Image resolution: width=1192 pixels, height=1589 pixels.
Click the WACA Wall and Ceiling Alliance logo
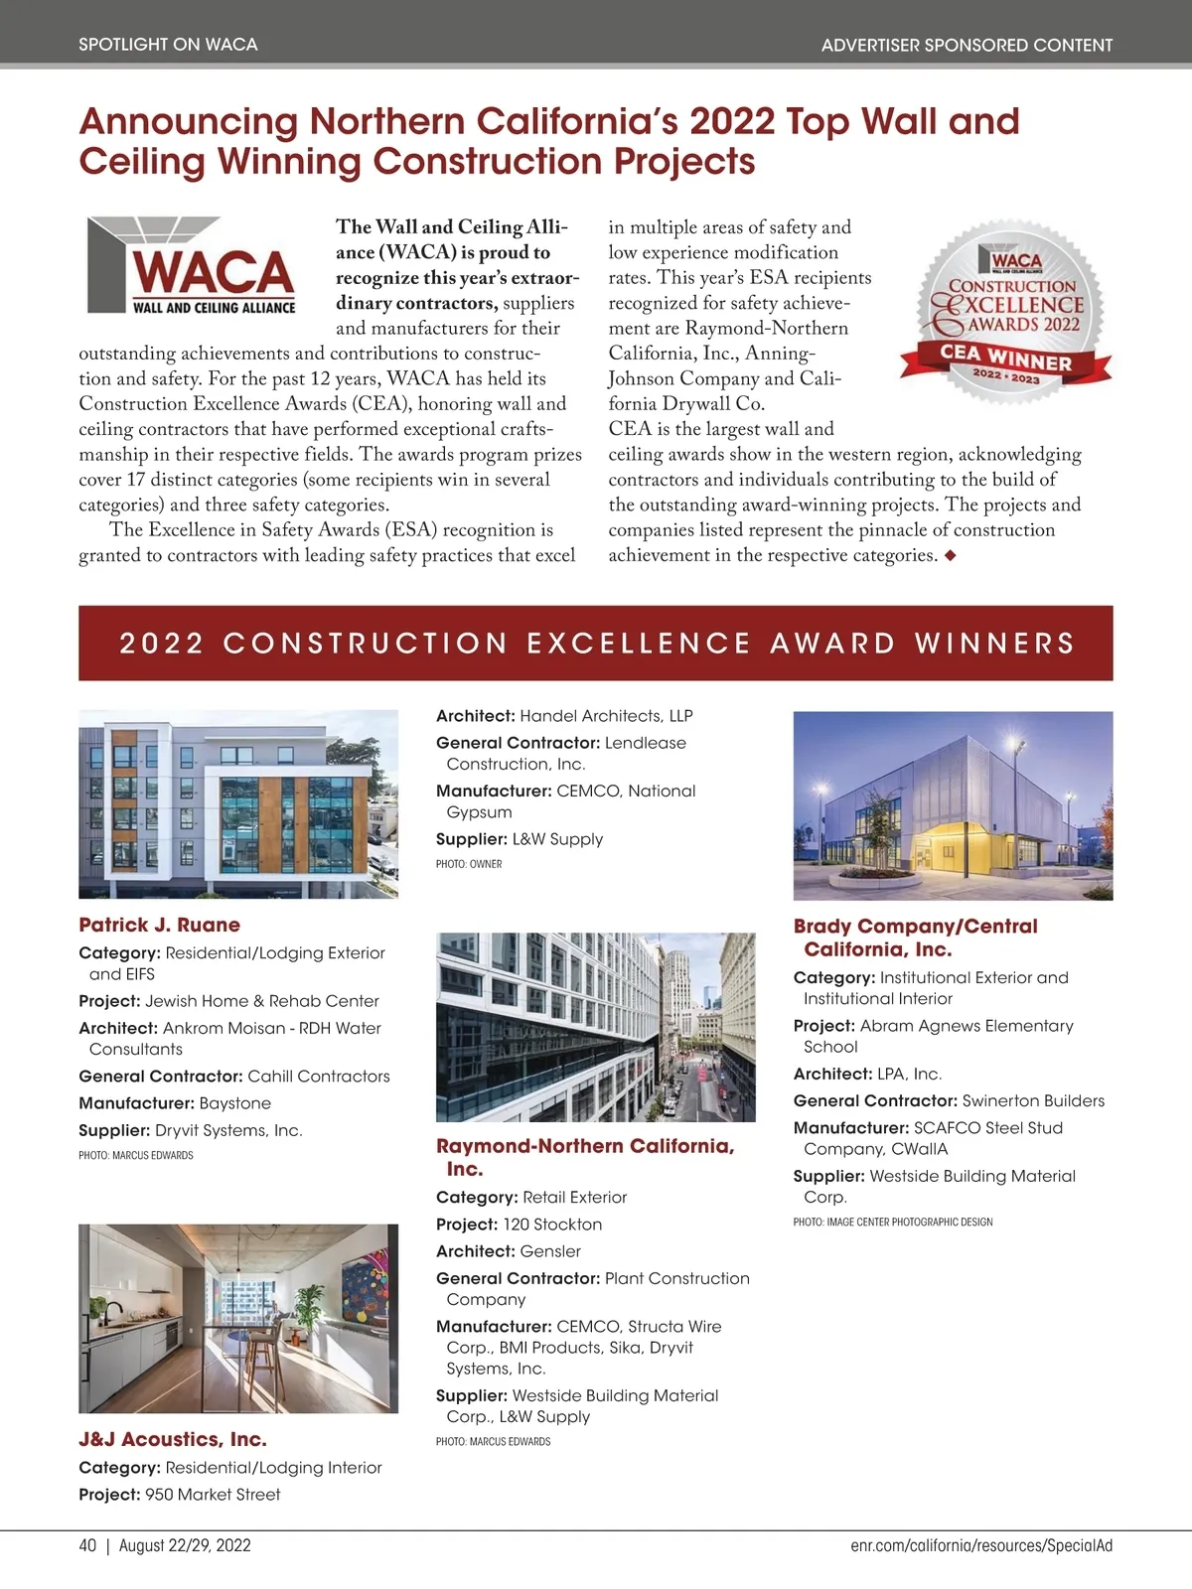192,266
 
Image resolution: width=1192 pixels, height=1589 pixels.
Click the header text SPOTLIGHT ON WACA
168,45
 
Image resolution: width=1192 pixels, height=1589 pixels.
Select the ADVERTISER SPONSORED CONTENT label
967,45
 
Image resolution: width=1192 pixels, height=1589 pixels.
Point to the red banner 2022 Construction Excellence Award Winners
596,643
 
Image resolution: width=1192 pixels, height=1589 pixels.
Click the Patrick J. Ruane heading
159,925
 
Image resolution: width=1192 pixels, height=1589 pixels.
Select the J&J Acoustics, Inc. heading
173,1439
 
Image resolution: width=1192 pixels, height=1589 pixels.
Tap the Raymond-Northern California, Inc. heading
585,1157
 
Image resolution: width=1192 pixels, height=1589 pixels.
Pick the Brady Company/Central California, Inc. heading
915,938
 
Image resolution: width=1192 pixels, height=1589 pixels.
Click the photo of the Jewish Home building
238,803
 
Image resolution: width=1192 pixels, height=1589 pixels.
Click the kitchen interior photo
238,1318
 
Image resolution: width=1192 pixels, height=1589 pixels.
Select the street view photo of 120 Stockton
596,1027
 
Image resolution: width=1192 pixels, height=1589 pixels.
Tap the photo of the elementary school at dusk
953,805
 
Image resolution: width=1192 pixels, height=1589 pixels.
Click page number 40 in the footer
87,1545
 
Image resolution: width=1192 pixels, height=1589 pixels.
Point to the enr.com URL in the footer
981,1545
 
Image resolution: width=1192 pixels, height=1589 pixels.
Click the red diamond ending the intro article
951,556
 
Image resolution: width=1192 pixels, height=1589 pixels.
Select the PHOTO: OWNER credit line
469,864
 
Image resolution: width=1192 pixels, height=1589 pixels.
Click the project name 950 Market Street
213,1495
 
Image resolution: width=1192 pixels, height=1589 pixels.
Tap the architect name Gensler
550,1251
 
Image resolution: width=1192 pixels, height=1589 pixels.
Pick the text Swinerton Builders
1033,1100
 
